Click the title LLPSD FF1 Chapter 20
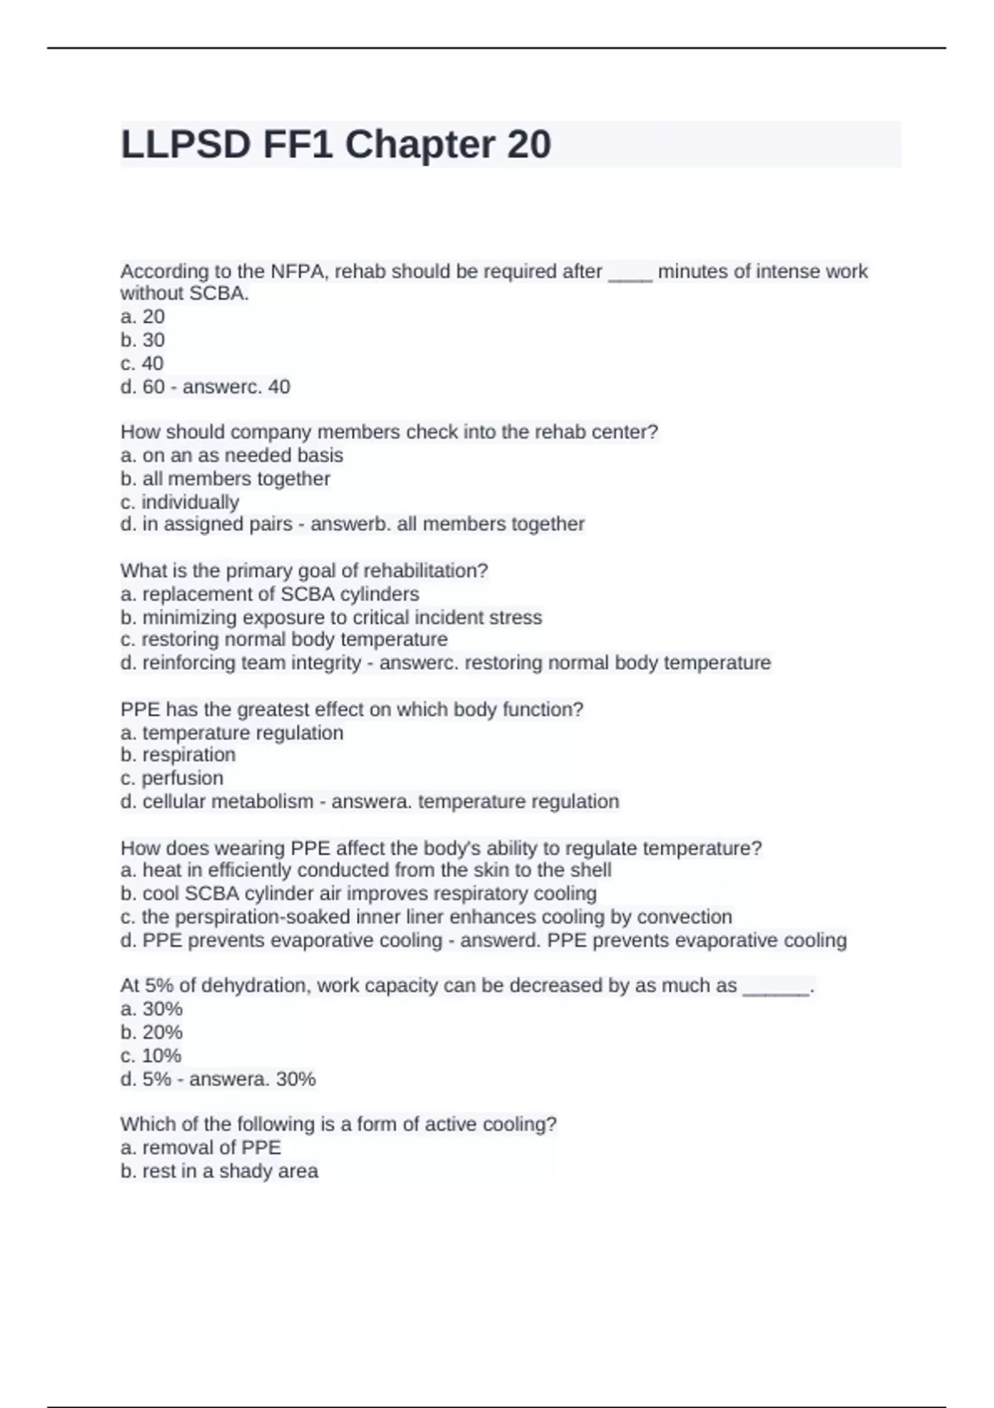(335, 145)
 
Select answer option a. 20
(142, 316)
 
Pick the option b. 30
(142, 340)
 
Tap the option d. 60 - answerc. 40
(205, 387)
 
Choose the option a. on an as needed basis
(232, 456)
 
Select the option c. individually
(180, 502)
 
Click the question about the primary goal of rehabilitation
(304, 571)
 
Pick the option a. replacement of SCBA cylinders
(270, 594)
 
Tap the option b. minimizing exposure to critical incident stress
(331, 617)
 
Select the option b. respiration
(178, 755)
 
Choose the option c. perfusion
(172, 778)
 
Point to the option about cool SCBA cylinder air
(359, 894)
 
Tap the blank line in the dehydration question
(776, 986)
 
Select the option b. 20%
(152, 1032)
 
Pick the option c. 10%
(151, 1055)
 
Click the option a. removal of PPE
(201, 1147)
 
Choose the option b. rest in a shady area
(220, 1170)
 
